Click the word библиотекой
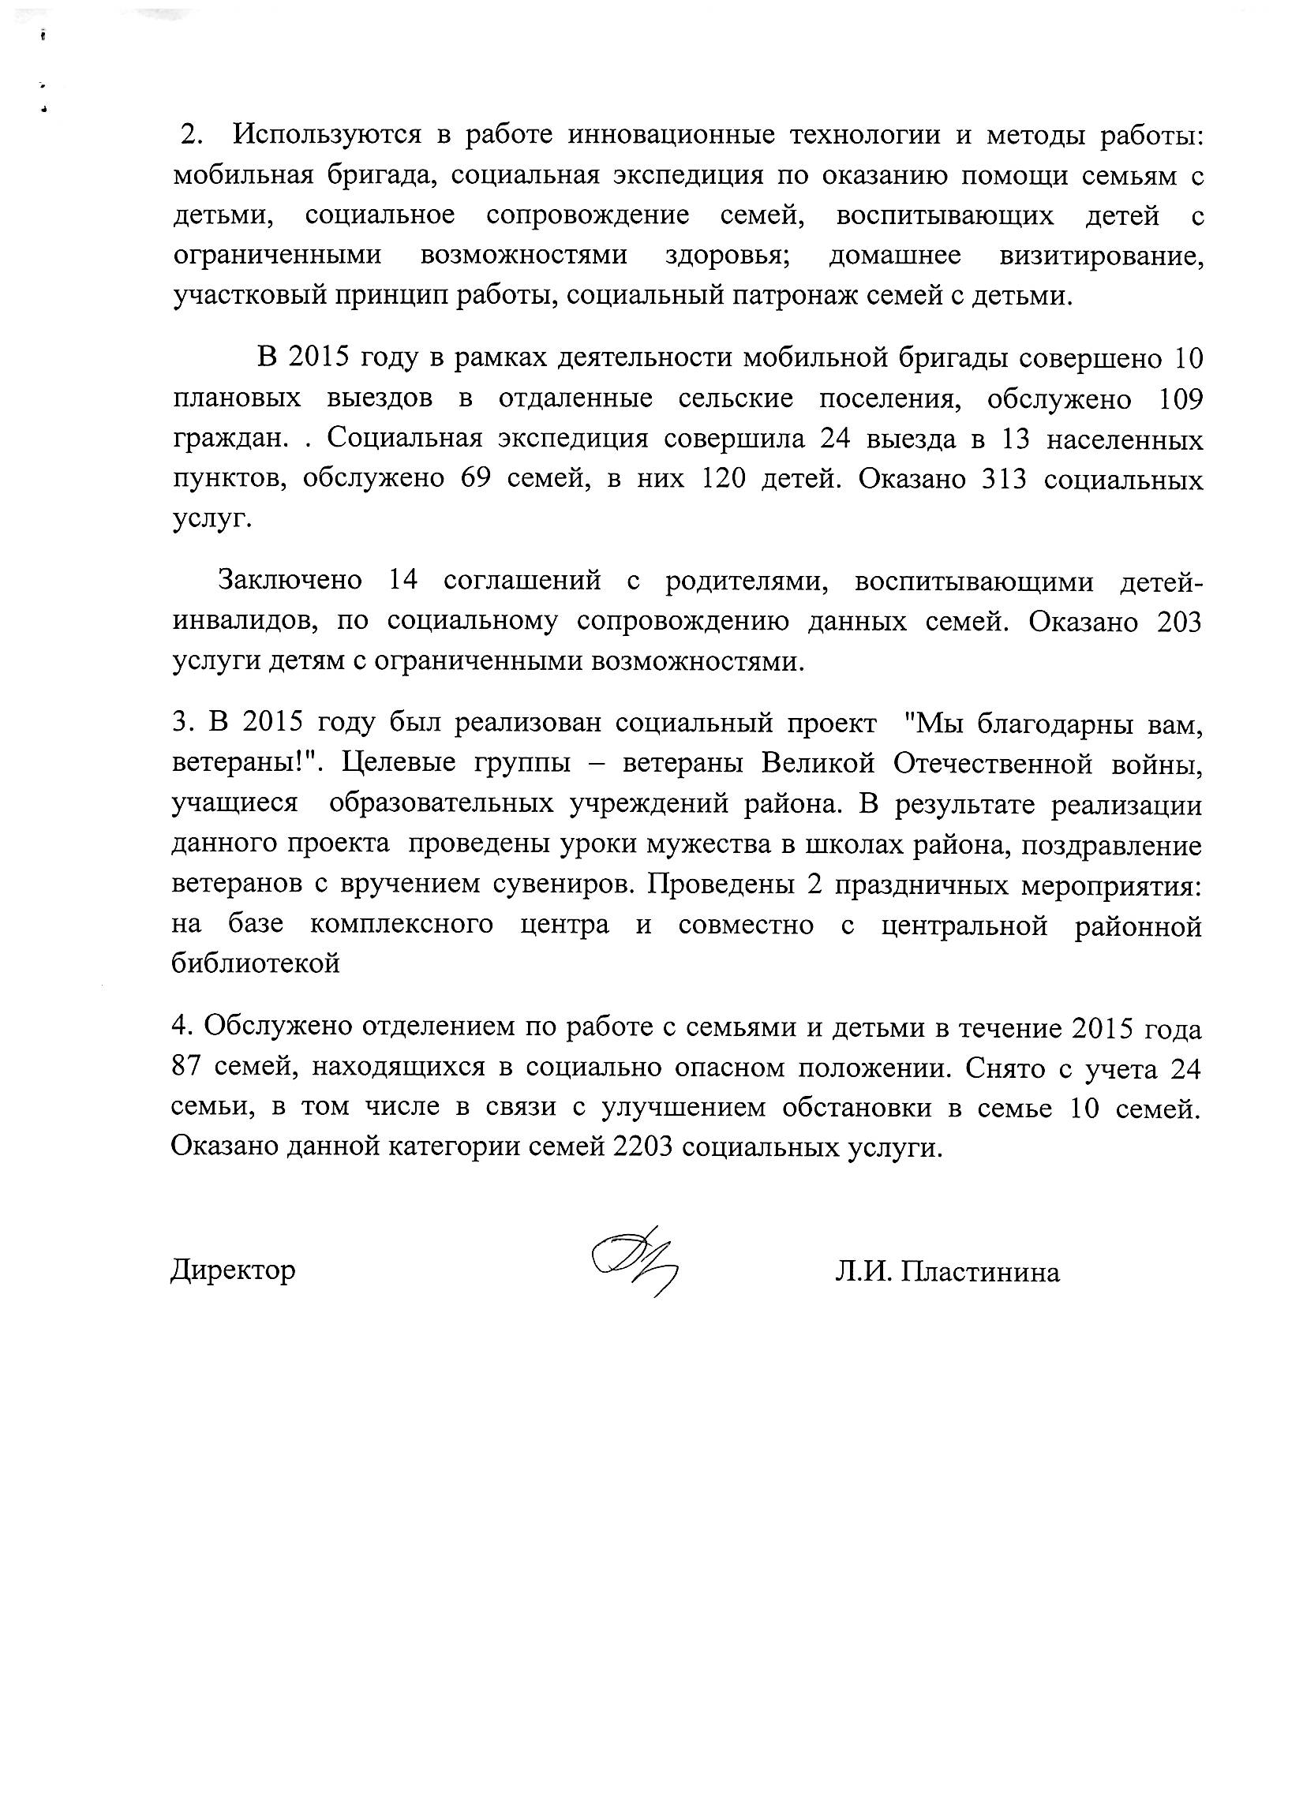coord(256,963)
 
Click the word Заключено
coord(290,580)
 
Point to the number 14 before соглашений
coord(403,580)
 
